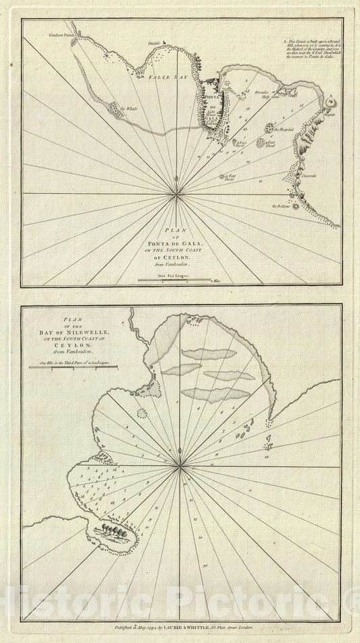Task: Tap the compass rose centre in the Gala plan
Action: coord(177,194)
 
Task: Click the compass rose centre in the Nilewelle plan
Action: coord(180,463)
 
